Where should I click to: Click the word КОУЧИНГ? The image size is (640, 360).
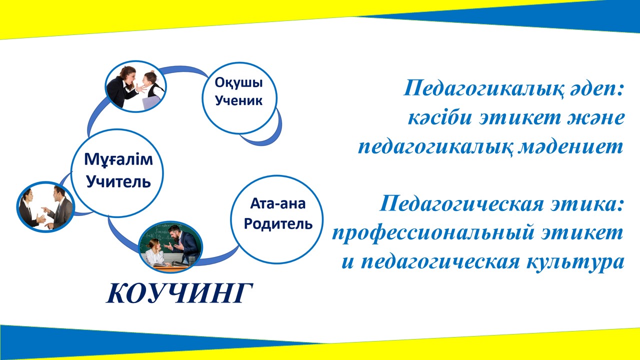pos(179,293)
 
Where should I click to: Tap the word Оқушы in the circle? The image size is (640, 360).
pos(238,82)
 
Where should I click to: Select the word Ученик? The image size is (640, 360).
pos(238,100)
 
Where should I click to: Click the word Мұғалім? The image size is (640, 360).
pos(118,159)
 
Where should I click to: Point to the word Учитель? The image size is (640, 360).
pos(118,181)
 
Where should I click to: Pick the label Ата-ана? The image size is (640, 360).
pos(277,203)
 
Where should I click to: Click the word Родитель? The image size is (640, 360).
pos(277,223)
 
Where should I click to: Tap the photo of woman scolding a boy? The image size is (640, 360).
pos(135,86)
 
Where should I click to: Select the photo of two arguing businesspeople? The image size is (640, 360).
pos(45,207)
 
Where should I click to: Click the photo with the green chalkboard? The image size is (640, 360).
pos(170,247)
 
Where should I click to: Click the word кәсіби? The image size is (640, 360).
pos(439,117)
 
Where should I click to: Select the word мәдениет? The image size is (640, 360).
pos(570,147)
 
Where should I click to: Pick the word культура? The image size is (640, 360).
pos(575,262)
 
